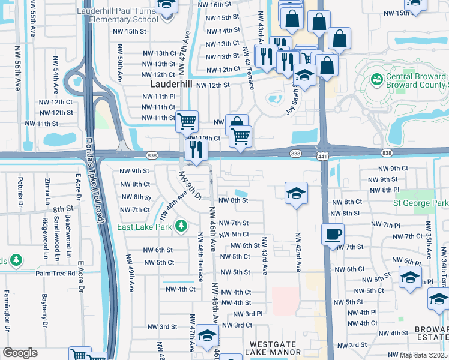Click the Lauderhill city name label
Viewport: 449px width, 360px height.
point(171,85)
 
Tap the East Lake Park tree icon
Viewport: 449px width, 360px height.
point(181,226)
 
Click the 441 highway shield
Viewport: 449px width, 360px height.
point(322,156)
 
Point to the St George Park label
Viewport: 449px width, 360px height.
point(420,203)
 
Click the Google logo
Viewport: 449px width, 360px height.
point(20,353)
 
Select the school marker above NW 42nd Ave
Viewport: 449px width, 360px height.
point(296,193)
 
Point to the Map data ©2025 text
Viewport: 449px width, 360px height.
point(423,355)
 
